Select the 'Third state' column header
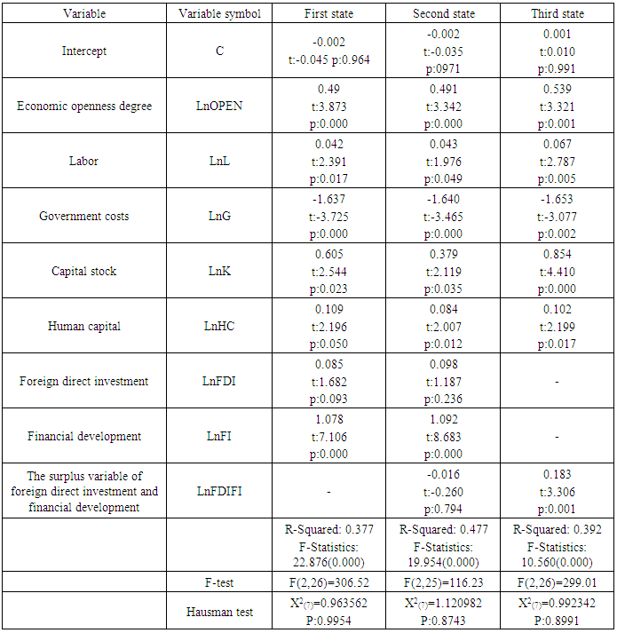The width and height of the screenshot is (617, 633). [x=557, y=14]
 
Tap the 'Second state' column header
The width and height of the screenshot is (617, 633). [x=444, y=14]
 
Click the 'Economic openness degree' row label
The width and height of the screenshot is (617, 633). [x=84, y=106]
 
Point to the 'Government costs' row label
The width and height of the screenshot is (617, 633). [x=84, y=216]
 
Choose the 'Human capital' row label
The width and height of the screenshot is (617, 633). [x=84, y=326]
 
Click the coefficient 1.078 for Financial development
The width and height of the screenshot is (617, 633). [x=330, y=421]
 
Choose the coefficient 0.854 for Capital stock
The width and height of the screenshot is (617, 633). [x=557, y=256]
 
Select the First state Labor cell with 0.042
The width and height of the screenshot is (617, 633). [x=330, y=146]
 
